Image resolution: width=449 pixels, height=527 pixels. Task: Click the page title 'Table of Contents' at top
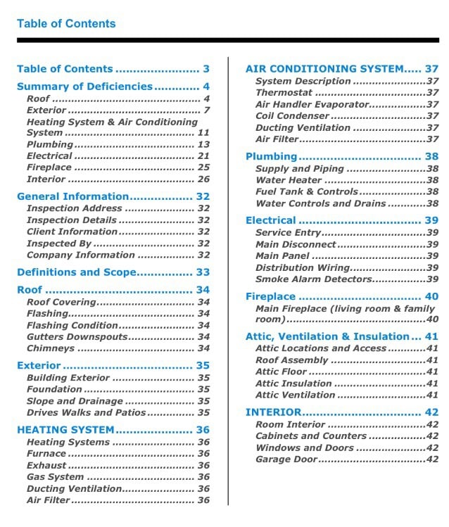click(x=66, y=23)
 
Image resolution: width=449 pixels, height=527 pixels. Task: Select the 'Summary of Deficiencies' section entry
click(x=84, y=87)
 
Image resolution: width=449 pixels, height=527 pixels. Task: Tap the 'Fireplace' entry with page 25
click(x=49, y=167)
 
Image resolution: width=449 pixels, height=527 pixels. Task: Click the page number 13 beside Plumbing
click(x=203, y=144)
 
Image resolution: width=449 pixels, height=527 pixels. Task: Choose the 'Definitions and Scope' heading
click(x=75, y=272)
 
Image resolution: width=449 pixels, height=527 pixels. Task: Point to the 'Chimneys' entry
click(x=50, y=348)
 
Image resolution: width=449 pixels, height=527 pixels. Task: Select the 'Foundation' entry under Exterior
click(x=53, y=389)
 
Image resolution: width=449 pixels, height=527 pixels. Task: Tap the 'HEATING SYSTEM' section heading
click(x=65, y=429)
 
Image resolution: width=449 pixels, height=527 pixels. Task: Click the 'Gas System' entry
click(x=55, y=477)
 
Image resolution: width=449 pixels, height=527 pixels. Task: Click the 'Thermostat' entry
click(x=284, y=93)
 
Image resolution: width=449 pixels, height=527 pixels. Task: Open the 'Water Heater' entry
click(x=289, y=180)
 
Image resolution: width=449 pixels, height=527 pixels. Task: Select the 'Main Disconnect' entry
click(x=296, y=244)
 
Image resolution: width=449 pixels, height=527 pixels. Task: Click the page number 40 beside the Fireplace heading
click(x=431, y=296)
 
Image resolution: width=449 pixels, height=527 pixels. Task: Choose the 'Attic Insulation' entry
click(x=293, y=383)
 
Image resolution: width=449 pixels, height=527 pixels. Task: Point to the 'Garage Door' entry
click(x=286, y=459)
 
